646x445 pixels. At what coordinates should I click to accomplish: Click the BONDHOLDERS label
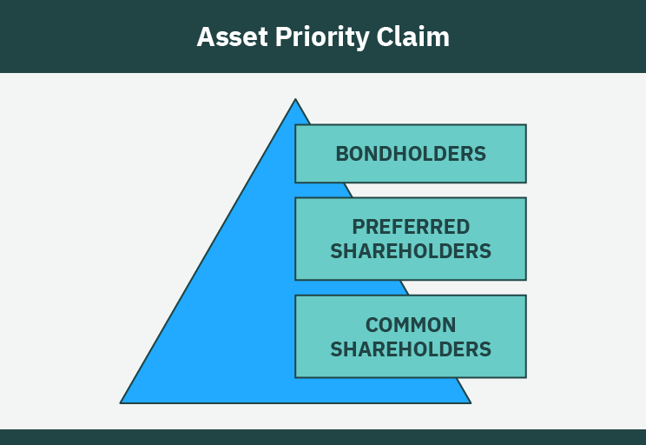click(411, 154)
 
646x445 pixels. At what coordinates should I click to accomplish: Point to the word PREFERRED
click(411, 227)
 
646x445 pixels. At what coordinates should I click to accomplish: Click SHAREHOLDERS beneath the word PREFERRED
click(411, 251)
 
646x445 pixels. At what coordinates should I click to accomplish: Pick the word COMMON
click(411, 325)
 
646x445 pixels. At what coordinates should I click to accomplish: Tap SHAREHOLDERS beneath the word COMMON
click(411, 349)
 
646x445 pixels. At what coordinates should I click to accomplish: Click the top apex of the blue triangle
click(295, 99)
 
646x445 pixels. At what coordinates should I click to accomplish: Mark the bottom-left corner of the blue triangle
click(121, 402)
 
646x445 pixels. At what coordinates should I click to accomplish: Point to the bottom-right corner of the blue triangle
click(470, 402)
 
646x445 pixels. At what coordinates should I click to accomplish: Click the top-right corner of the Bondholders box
click(525, 125)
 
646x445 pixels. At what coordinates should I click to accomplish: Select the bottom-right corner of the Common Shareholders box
click(525, 377)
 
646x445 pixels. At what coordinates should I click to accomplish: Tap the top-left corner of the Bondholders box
click(296, 125)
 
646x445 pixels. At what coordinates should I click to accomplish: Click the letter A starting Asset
click(205, 37)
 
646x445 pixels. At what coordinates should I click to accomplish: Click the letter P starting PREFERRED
click(358, 227)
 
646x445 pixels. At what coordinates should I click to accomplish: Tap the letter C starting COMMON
click(372, 325)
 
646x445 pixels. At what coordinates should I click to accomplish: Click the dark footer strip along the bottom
click(323, 436)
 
